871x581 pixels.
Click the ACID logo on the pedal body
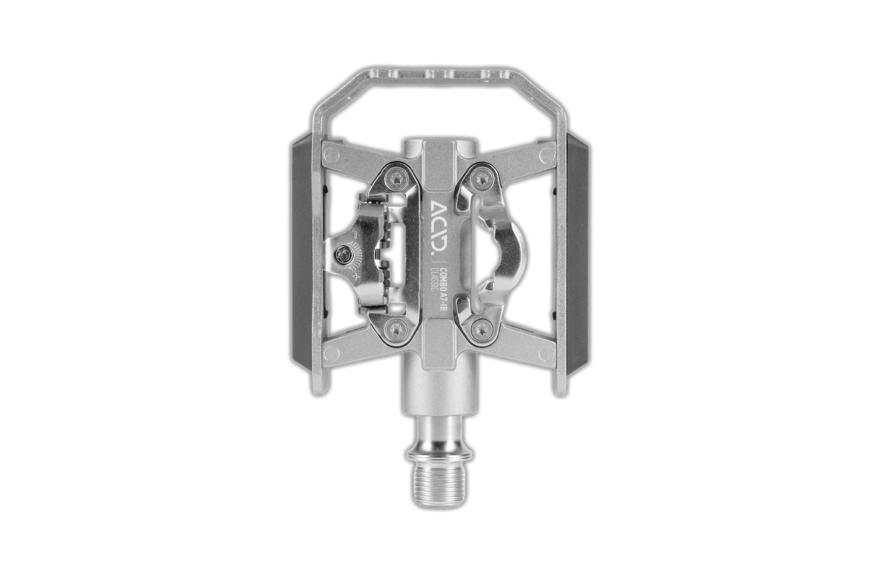point(437,228)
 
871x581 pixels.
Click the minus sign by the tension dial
point(351,235)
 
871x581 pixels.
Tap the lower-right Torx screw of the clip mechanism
point(480,329)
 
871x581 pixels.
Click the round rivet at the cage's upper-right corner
point(545,152)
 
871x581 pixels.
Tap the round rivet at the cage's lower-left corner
point(328,355)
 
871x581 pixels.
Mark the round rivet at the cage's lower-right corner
point(545,355)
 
